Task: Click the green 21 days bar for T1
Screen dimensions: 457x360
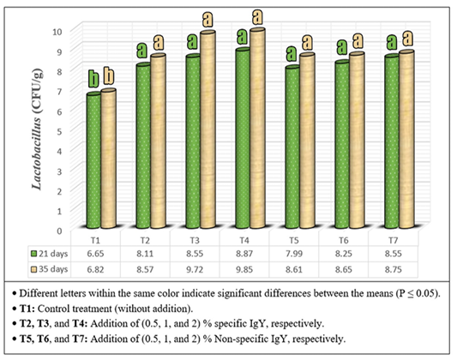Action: click(93, 160)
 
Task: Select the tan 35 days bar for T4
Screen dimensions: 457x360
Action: click(257, 129)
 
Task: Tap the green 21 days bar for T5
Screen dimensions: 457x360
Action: click(292, 147)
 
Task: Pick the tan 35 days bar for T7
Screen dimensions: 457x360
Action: click(406, 139)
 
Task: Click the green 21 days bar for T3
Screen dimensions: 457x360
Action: click(193, 141)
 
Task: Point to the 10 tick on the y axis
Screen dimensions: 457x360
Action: click(57, 31)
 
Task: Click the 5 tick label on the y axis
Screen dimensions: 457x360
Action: click(59, 131)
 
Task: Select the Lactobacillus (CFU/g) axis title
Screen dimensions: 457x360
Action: click(38, 129)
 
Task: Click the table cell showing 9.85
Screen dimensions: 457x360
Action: click(244, 269)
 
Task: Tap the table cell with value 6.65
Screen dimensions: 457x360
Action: click(95, 254)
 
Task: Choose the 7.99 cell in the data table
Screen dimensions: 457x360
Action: click(294, 254)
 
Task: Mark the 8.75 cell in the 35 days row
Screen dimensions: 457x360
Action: click(394, 269)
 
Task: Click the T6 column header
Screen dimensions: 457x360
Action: click(343, 241)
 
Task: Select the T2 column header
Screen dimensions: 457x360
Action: click(145, 241)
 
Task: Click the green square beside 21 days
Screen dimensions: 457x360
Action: click(33, 254)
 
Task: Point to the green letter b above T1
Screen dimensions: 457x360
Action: click(93, 79)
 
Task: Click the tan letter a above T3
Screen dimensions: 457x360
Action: click(207, 20)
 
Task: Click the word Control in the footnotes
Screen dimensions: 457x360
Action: click(54, 309)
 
